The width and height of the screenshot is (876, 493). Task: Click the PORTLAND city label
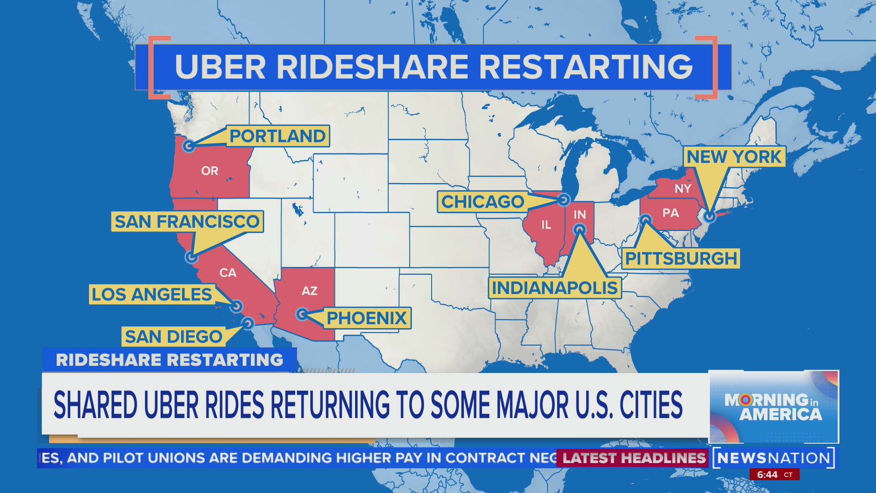tap(277, 136)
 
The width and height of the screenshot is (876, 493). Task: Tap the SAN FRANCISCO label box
tap(187, 221)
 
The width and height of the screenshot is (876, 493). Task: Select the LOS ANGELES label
tap(151, 294)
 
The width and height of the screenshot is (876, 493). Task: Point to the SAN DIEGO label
tap(173, 337)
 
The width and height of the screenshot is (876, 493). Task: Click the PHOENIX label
tap(366, 318)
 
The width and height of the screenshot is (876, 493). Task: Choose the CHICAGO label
tap(483, 202)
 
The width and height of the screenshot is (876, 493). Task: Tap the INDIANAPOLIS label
tap(554, 288)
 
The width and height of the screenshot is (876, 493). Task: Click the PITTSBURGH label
tap(681, 258)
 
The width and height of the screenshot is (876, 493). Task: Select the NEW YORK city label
tap(734, 157)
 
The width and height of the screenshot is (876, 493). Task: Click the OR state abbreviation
tap(210, 171)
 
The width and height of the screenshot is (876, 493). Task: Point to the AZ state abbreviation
tap(309, 291)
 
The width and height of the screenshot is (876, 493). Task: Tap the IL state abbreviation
tap(546, 225)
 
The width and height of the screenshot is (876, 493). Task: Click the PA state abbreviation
tap(671, 213)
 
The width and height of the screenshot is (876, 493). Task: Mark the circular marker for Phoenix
tap(302, 314)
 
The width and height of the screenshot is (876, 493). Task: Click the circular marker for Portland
tap(189, 146)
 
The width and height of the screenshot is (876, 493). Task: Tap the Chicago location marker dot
tap(564, 199)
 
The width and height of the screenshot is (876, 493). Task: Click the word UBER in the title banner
tap(220, 67)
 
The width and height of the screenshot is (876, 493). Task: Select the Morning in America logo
tap(774, 407)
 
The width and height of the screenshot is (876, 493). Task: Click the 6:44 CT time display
tap(774, 475)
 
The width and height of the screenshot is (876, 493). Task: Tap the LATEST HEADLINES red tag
tap(634, 458)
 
